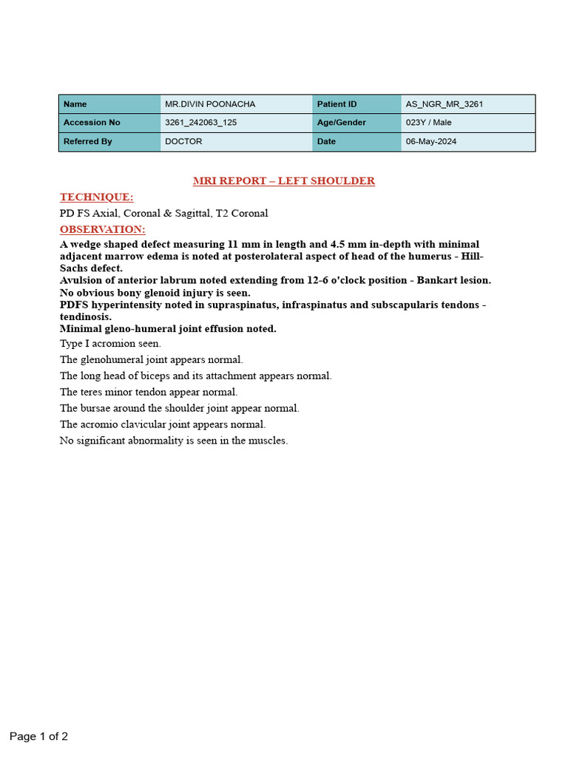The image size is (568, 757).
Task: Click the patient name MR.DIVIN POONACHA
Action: pyautogui.click(x=210, y=104)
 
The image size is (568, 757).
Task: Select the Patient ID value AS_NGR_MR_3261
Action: pyautogui.click(x=444, y=104)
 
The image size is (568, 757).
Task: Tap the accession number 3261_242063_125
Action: pyautogui.click(x=201, y=123)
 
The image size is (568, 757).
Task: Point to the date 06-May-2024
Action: pyautogui.click(x=431, y=141)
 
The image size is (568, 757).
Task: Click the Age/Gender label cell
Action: pyautogui.click(x=342, y=123)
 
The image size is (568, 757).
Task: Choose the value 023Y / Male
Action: pyautogui.click(x=428, y=123)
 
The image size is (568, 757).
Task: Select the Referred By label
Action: pyautogui.click(x=88, y=141)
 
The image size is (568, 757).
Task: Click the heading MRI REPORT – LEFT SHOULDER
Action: pyautogui.click(x=283, y=180)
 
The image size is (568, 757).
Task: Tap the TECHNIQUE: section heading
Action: pyautogui.click(x=96, y=197)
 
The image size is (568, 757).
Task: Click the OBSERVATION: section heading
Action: pyautogui.click(x=102, y=229)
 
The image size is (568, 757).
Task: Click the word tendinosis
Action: pyautogui.click(x=84, y=316)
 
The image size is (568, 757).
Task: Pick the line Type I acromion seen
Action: pyautogui.click(x=110, y=343)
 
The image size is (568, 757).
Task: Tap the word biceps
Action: pyautogui.click(x=156, y=376)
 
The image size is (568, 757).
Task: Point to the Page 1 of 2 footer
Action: pyautogui.click(x=38, y=736)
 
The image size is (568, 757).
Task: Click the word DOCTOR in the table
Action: pyautogui.click(x=183, y=141)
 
